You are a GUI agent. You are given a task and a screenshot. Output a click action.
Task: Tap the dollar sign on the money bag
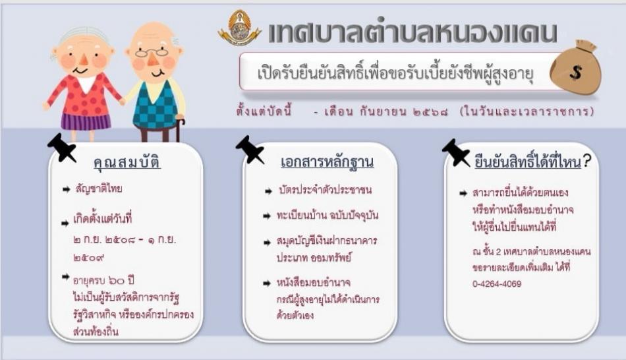point(576,73)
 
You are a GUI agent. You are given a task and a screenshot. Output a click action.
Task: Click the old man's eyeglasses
point(152,52)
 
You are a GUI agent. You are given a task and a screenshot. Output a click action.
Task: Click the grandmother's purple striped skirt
point(86,121)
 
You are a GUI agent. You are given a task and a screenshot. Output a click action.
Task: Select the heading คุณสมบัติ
point(127,162)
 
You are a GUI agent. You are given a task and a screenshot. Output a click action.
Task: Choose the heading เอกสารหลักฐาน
point(327,162)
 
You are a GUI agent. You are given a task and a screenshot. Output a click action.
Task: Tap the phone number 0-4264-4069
point(497,284)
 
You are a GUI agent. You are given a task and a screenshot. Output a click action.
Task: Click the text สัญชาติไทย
point(99,189)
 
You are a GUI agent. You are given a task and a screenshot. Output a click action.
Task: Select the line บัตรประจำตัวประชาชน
point(325,190)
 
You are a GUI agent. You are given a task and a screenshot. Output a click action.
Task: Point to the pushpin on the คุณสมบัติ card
point(61,148)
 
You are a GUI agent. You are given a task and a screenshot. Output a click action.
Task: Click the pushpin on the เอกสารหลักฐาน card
point(250,150)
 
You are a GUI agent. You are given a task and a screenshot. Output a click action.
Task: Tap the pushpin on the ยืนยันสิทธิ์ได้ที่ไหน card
point(456,152)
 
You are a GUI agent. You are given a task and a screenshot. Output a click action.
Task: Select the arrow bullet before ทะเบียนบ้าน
point(267,216)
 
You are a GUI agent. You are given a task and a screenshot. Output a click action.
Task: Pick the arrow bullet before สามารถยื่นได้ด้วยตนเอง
point(463,193)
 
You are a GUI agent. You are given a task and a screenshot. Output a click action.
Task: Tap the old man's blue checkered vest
point(156,105)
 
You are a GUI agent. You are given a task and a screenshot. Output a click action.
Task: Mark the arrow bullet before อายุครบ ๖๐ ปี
point(66,276)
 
